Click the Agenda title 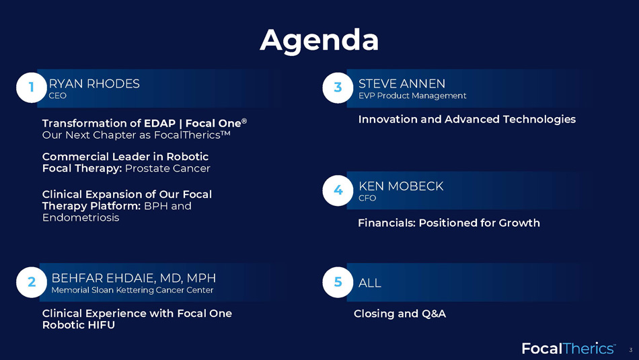[319, 41]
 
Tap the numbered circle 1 [32, 87]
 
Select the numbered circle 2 [32, 282]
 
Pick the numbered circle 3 [338, 87]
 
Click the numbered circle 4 [338, 190]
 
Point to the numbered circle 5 [338, 282]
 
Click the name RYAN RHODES [94, 83]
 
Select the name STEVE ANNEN [402, 83]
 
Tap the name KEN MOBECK [401, 186]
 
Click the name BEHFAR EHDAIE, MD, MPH [134, 278]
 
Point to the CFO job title [367, 198]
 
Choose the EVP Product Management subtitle [412, 96]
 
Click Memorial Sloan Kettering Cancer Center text [133, 290]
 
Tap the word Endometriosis [81, 218]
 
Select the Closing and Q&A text [400, 314]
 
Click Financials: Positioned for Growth [449, 223]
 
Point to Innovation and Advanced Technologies [467, 120]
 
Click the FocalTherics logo [569, 349]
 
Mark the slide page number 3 [631, 350]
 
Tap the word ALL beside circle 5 [370, 283]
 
